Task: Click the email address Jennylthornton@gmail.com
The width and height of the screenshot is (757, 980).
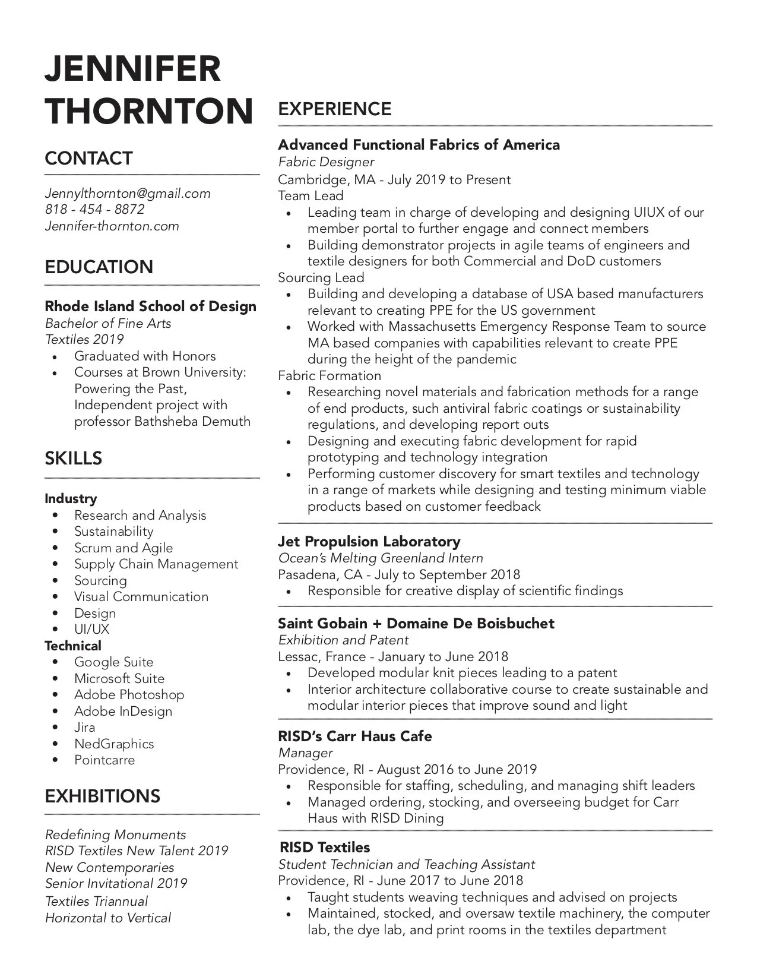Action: pyautogui.click(x=128, y=194)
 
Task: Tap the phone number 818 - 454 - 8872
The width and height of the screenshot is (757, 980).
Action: pyautogui.click(x=94, y=210)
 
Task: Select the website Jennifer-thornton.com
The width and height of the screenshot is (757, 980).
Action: pyautogui.click(x=112, y=226)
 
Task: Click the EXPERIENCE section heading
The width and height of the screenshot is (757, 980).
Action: pyautogui.click(x=335, y=109)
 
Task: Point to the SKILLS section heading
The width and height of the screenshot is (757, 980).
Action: pyautogui.click(x=73, y=459)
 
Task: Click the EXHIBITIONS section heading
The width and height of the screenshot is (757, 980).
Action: pyautogui.click(x=102, y=796)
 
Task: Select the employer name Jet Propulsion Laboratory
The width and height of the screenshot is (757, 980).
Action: pyautogui.click(x=369, y=542)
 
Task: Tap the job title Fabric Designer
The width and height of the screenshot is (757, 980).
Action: pyautogui.click(x=326, y=162)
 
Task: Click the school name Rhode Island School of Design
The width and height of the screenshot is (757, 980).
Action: pyautogui.click(x=151, y=306)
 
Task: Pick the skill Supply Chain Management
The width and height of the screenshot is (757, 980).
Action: pyautogui.click(x=156, y=564)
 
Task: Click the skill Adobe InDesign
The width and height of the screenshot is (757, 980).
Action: pyautogui.click(x=123, y=711)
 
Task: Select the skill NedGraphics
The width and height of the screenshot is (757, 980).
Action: pyautogui.click(x=113, y=744)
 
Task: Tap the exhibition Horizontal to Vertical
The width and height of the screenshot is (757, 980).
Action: pyautogui.click(x=108, y=918)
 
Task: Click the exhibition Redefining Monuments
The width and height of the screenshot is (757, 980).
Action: pyautogui.click(x=115, y=835)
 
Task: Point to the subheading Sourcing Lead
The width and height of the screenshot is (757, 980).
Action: pyautogui.click(x=321, y=278)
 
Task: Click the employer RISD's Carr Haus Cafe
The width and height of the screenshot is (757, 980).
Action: pyautogui.click(x=354, y=736)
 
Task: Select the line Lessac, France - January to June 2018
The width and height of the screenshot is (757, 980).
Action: pyautogui.click(x=393, y=656)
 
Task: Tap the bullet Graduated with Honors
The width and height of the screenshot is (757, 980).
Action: pyautogui.click(x=144, y=356)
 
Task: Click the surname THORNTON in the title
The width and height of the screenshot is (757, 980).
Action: pyautogui.click(x=149, y=111)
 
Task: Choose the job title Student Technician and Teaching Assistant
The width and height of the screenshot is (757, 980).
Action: pyautogui.click(x=407, y=864)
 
